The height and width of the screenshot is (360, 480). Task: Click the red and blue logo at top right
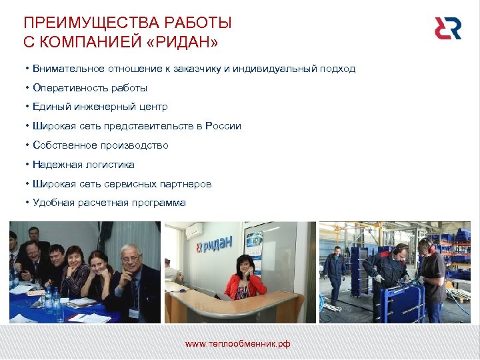(447, 28)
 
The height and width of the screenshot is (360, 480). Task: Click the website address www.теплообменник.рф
(237, 345)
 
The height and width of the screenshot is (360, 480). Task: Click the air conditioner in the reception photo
(194, 230)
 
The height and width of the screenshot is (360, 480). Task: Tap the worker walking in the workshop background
(335, 273)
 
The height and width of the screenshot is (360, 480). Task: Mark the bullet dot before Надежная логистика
(26, 165)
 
